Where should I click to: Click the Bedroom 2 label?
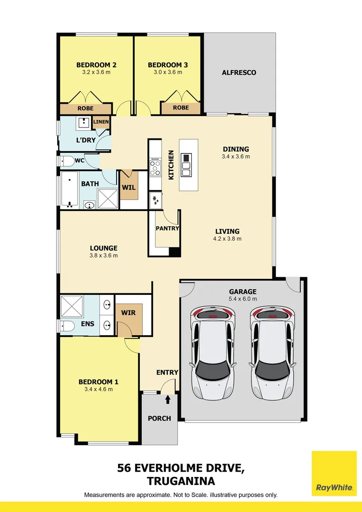96,65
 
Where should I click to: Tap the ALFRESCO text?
239,73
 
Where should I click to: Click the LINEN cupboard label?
101,122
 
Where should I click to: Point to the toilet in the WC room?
67,161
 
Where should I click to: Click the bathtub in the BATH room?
70,190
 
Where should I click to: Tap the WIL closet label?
129,187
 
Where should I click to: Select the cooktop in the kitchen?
155,166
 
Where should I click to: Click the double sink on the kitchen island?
186,166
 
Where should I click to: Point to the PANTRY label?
167,228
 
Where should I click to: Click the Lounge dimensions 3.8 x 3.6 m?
103,256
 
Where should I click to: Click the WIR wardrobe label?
128,313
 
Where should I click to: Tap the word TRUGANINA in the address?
181,481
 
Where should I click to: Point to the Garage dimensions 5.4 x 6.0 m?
243,299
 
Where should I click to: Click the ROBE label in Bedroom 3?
181,108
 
